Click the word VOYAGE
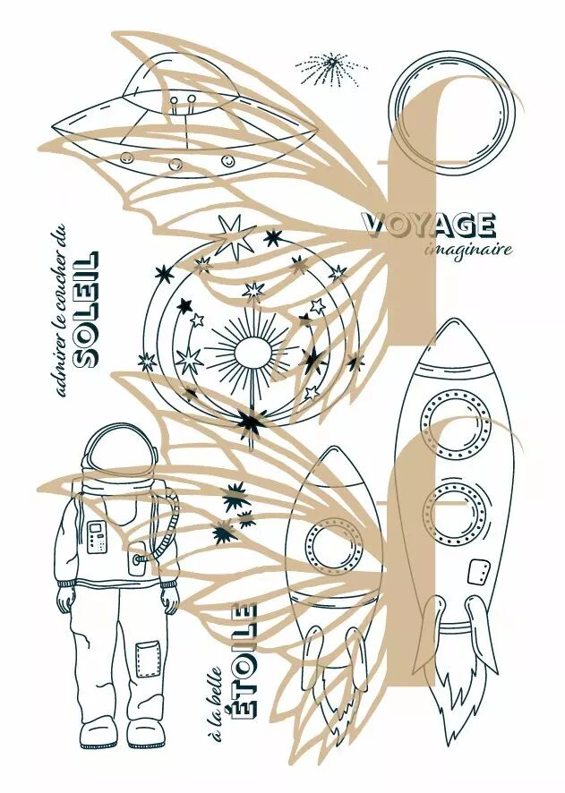pos(429,226)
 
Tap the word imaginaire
pos(468,250)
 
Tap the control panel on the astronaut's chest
pos(97,537)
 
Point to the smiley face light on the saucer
pos(228,161)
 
